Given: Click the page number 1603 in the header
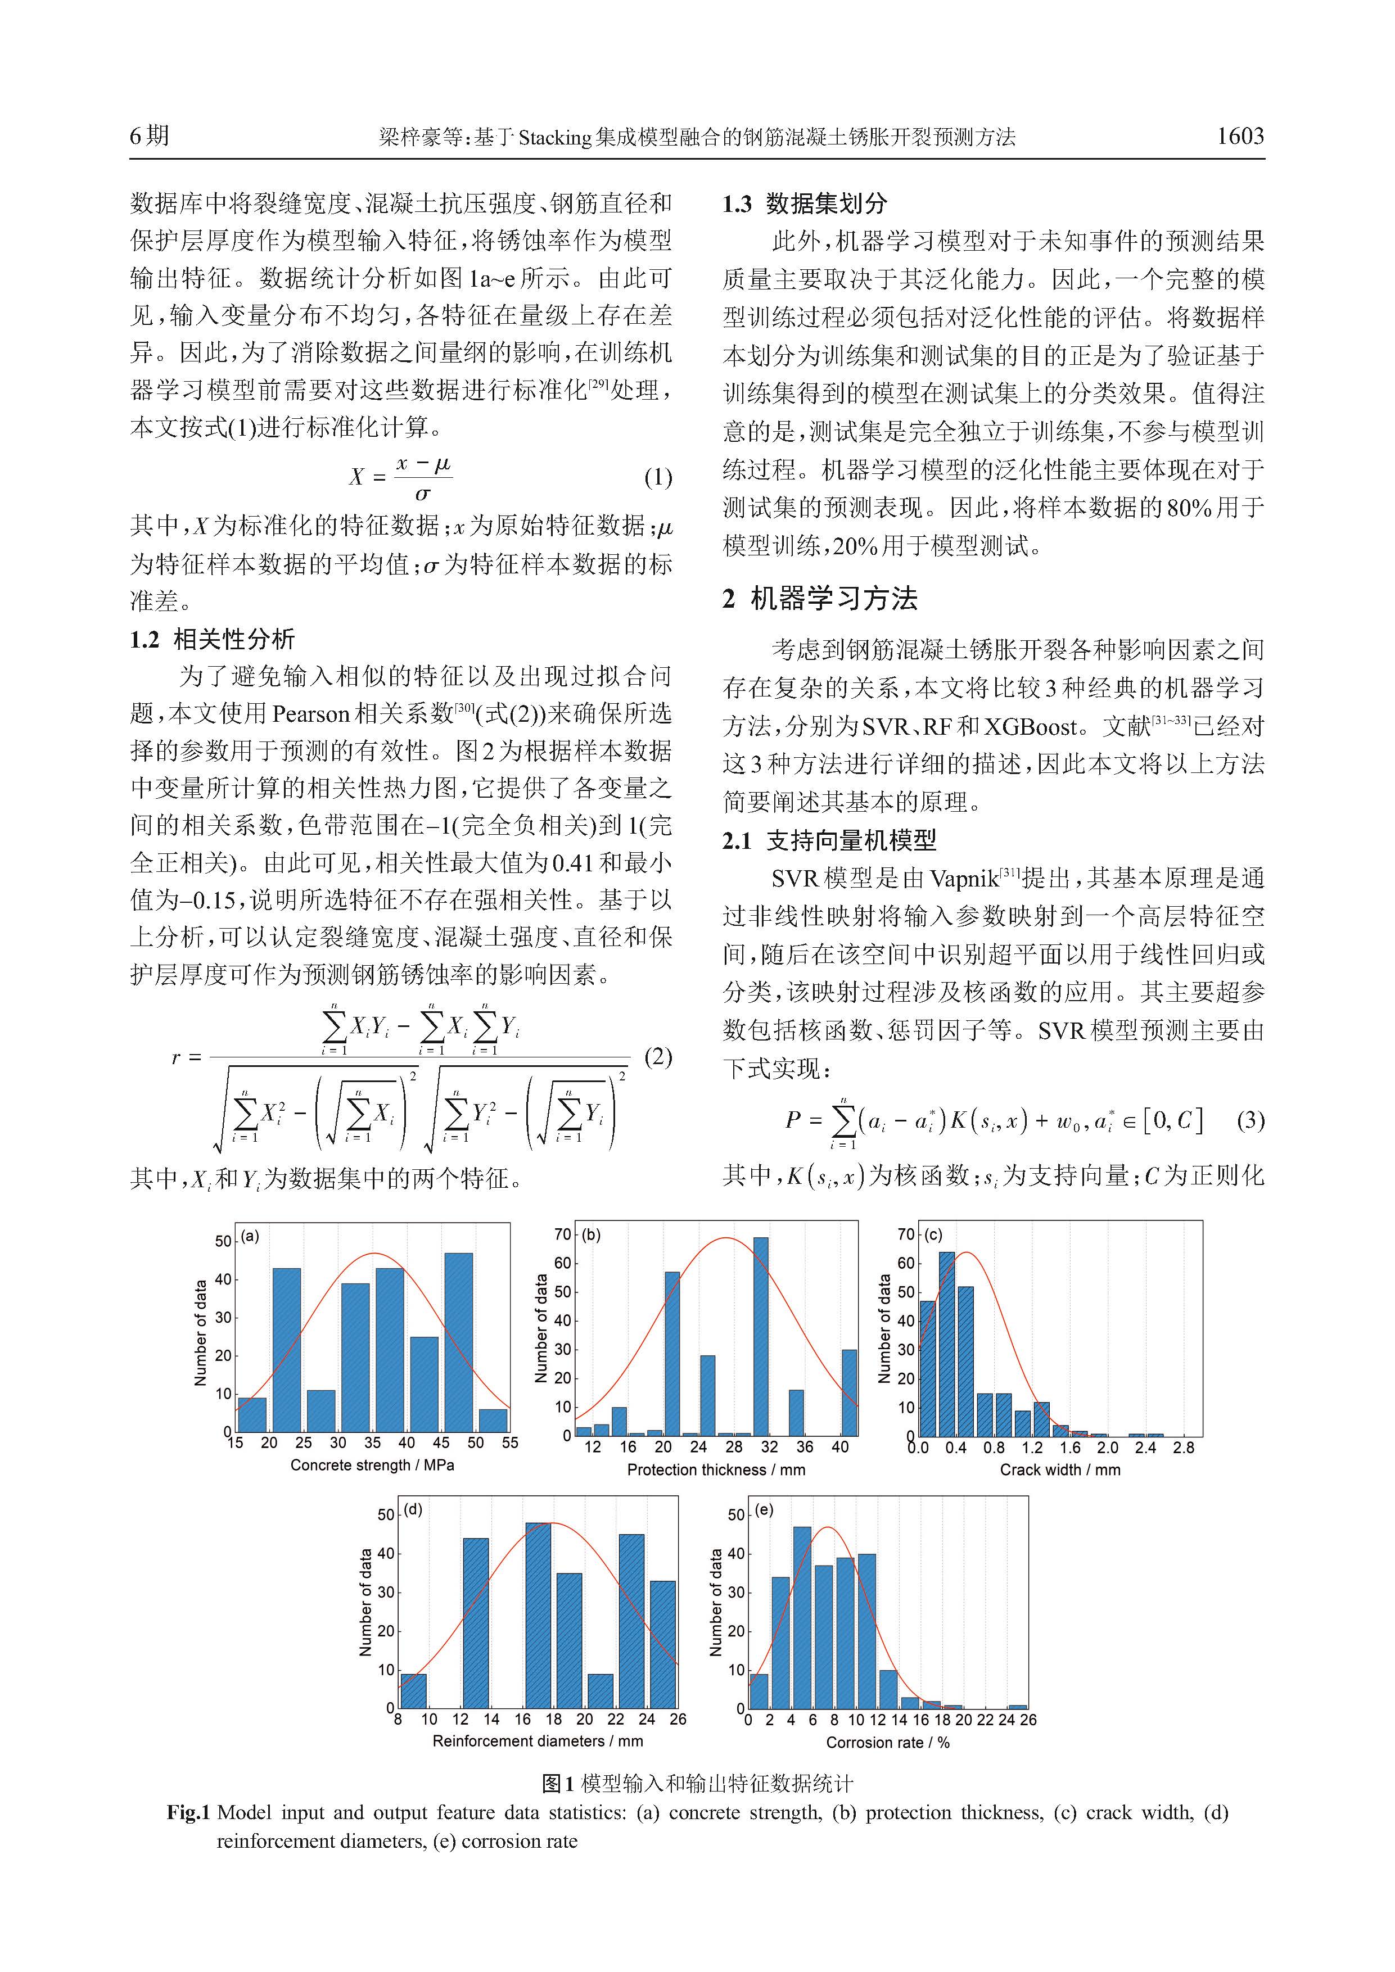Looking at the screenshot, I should click(x=1239, y=135).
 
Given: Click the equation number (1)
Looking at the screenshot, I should click(x=658, y=477).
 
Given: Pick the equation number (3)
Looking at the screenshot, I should click(x=1250, y=1120).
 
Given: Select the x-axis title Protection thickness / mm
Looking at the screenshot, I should click(x=716, y=1469).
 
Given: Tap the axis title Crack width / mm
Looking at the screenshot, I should click(x=1060, y=1469).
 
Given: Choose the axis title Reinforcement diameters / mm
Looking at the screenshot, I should click(x=538, y=1741).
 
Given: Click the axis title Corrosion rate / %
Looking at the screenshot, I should click(x=887, y=1743).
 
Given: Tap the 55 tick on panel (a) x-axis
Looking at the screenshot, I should click(x=510, y=1443).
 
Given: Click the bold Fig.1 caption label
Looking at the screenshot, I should click(x=188, y=1813).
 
